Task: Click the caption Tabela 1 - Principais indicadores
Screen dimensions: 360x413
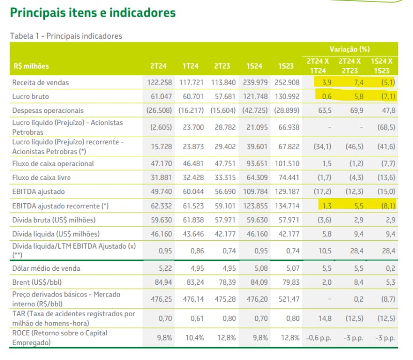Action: (66, 36)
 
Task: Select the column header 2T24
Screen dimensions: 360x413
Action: (157, 66)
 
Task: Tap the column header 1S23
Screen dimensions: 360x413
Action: (285, 66)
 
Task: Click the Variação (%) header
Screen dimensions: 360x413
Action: (351, 50)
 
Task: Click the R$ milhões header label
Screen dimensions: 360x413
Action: (31, 66)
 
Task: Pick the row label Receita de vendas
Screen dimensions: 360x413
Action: (41, 83)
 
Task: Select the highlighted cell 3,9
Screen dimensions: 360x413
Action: (326, 83)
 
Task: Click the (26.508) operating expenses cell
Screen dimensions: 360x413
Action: (157, 110)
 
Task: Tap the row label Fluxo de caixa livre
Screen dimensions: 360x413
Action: (42, 178)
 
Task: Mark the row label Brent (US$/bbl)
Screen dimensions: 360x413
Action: (36, 282)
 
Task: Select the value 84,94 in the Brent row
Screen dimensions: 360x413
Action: (163, 282)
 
